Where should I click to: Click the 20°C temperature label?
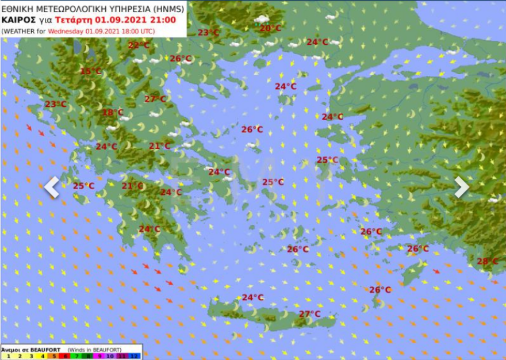(270, 28)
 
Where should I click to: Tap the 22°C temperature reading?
(139, 45)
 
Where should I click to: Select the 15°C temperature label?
(90, 72)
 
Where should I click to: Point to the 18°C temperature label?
(113, 113)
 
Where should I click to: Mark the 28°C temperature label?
(488, 262)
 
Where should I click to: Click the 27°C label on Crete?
(309, 314)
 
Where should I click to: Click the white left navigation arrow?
(52, 187)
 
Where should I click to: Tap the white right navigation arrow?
(462, 187)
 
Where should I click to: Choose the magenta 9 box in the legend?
(97, 356)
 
